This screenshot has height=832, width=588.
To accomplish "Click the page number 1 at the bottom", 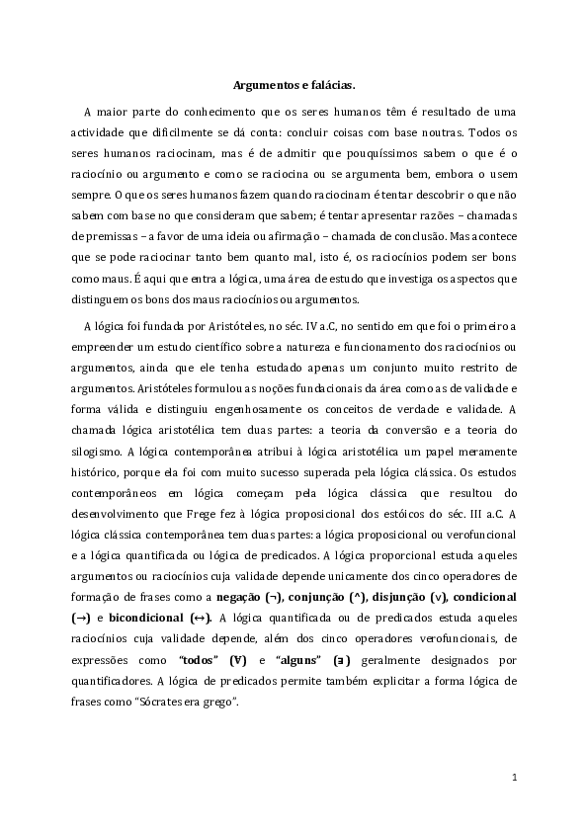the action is point(515,779).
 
